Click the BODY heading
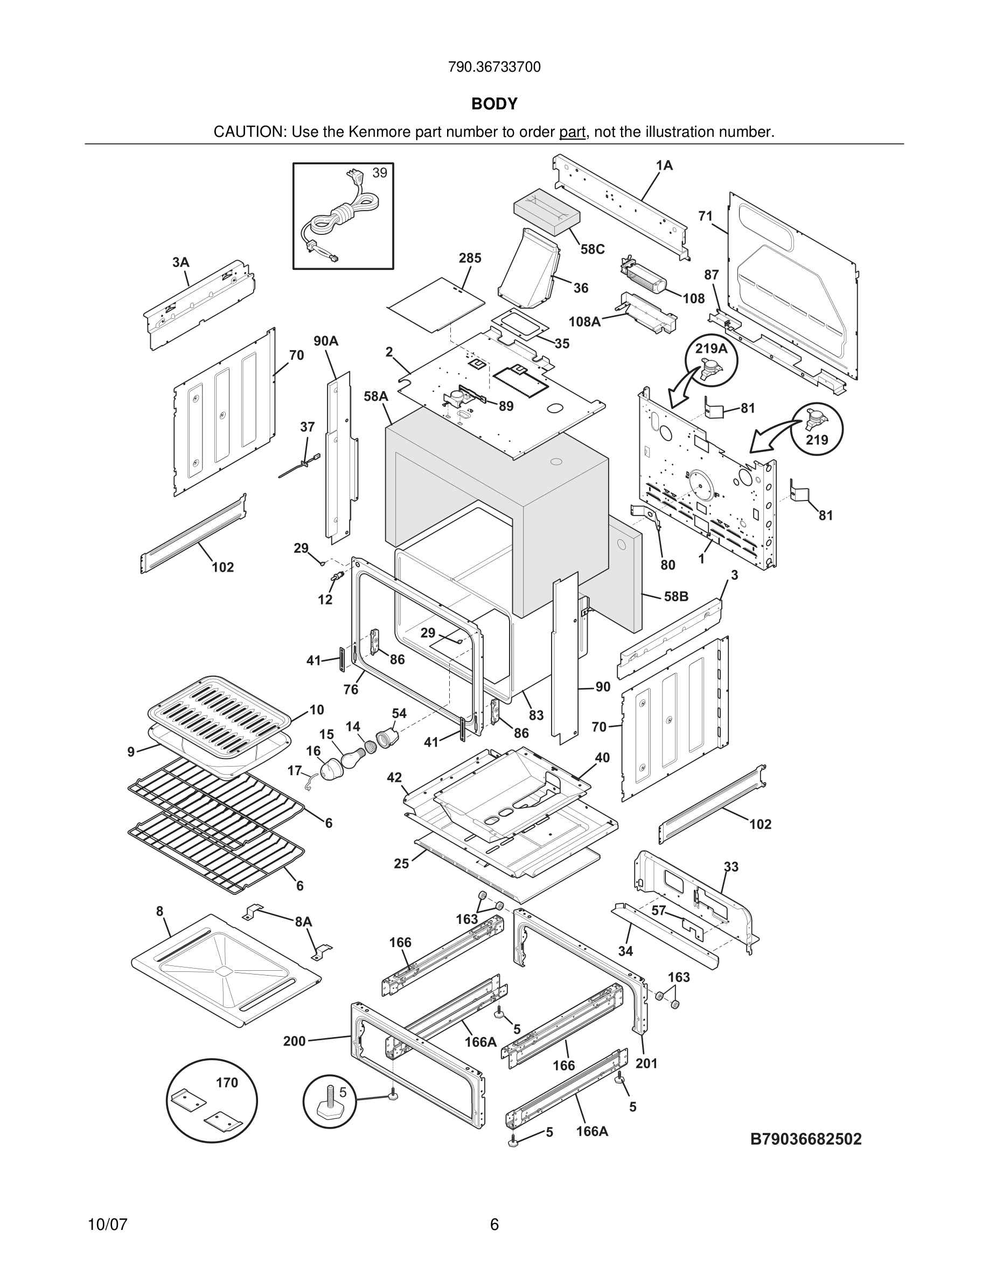(x=494, y=104)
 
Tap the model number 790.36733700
(x=494, y=67)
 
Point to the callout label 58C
(x=592, y=249)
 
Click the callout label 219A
(x=711, y=349)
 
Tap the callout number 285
(x=470, y=258)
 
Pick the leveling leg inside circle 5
(x=327, y=1102)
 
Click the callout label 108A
(x=584, y=321)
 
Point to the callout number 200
(x=294, y=1041)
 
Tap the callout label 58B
(x=675, y=596)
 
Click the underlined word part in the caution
(x=572, y=133)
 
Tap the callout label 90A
(x=326, y=341)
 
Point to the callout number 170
(x=227, y=1082)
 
